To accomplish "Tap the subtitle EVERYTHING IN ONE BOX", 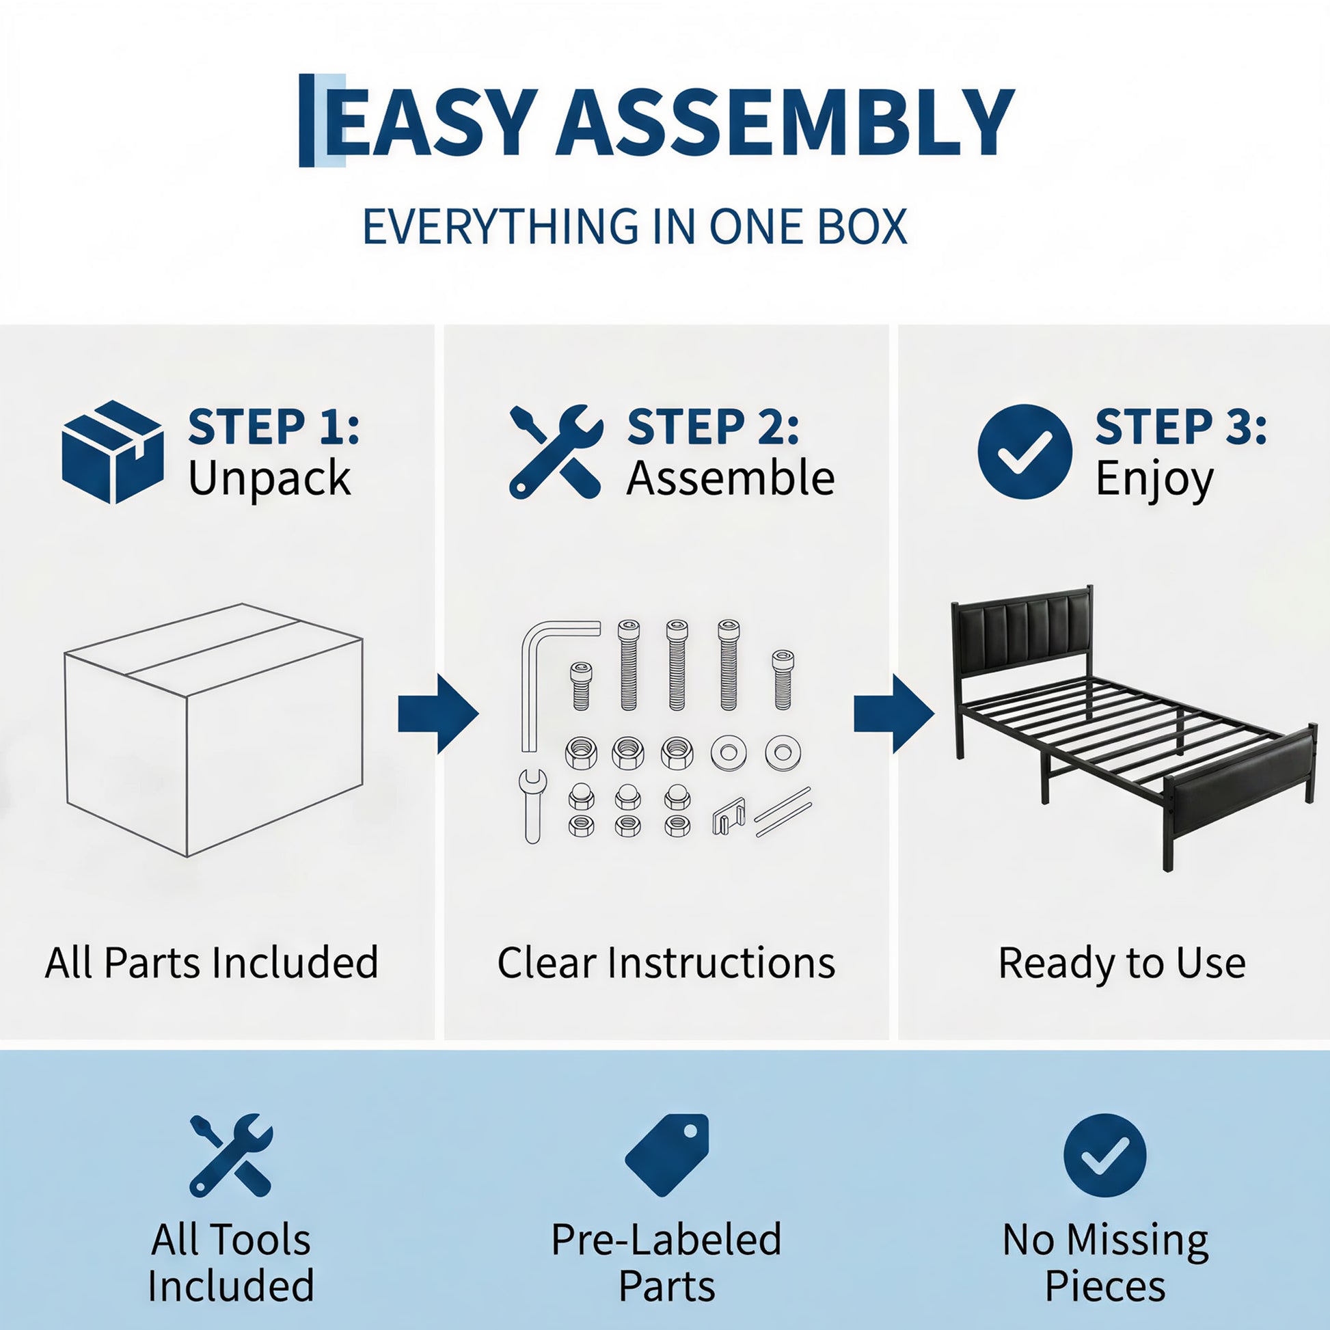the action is pos(635,226).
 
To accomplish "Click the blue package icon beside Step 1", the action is pos(113,452).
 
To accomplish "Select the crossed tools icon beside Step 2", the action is pos(556,452).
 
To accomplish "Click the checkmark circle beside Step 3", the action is pos(1025,452).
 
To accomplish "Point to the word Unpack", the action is pos(269,479).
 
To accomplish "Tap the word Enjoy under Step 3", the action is pos(1154,479).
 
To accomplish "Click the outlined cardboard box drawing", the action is pos(213,730).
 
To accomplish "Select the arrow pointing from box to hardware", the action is pos(438,714).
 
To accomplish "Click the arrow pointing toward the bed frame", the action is pos(894,714).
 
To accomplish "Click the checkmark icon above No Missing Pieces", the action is pos(1105,1155).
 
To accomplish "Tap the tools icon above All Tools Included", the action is pos(230,1155).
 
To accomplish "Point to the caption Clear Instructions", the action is pos(666,962).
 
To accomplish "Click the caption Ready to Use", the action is pos(1122,962).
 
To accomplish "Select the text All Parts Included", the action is pos(211,962).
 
